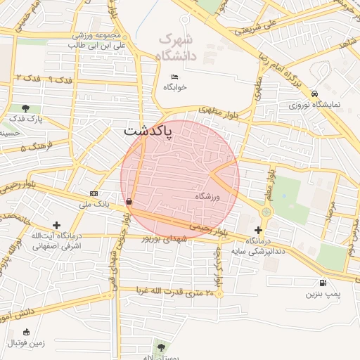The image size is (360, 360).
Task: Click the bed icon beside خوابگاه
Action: (174, 77)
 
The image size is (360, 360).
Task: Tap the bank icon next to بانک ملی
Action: (94, 193)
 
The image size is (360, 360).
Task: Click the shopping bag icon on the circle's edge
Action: (129, 202)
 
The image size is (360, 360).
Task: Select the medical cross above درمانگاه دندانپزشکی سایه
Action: (259, 230)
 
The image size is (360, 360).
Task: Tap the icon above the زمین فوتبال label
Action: (27, 332)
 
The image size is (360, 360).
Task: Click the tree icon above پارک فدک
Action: (25, 108)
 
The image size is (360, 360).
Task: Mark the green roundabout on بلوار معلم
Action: (266, 212)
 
